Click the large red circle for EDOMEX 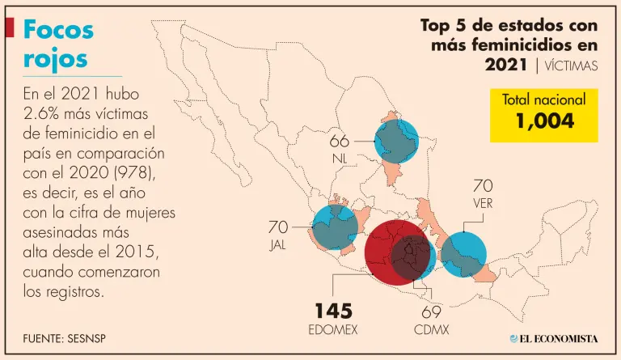[x=394, y=254]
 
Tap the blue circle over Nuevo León [x=397, y=142]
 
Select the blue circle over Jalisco [x=334, y=227]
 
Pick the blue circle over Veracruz [x=463, y=254]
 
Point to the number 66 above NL [x=340, y=141]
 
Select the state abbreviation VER [x=483, y=204]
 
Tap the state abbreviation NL [x=340, y=159]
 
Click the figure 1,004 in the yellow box [x=544, y=121]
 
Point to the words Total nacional [x=544, y=100]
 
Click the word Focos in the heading [x=59, y=30]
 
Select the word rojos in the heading [x=56, y=59]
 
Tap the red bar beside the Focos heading [x=10, y=28]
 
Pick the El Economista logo [x=554, y=337]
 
